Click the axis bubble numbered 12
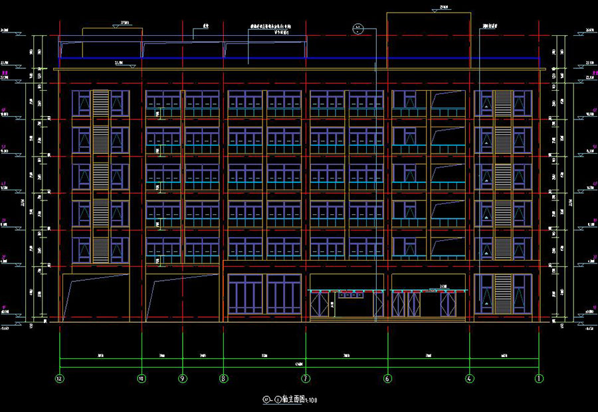tap(60, 379)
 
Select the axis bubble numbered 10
tap(142, 379)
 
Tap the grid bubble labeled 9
tap(182, 379)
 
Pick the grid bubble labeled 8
tap(223, 379)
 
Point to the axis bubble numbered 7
tap(306, 379)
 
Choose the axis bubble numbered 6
tap(387, 379)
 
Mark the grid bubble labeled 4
tap(469, 379)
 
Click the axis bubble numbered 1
tap(539, 379)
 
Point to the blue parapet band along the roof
tap(299, 62)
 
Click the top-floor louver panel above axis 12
tap(101, 104)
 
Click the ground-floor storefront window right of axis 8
tap(265, 297)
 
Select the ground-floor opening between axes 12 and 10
tap(96, 299)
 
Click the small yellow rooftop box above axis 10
tap(112, 34)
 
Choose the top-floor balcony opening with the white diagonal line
tap(448, 102)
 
